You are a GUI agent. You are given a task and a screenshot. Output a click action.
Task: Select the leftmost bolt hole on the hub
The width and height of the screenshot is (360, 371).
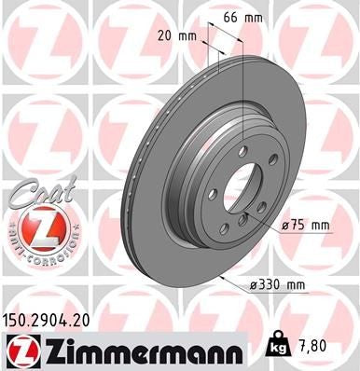[213, 193]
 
